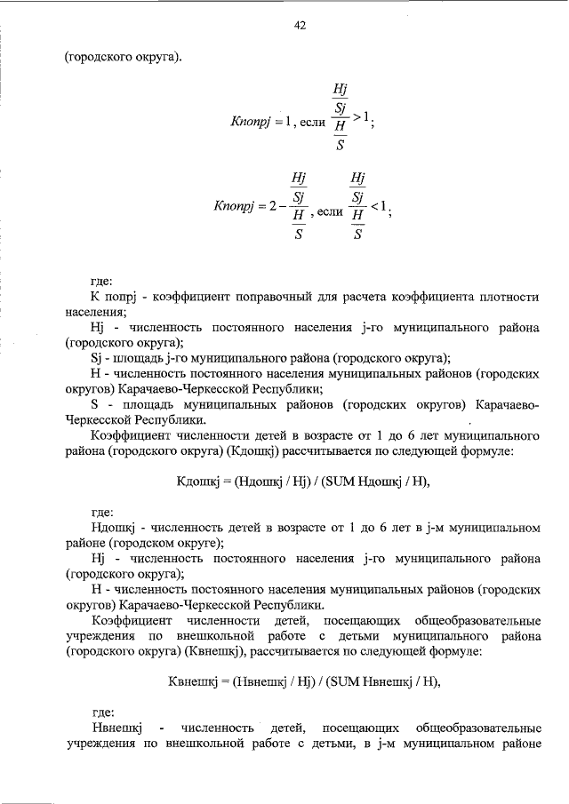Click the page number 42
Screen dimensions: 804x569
(x=300, y=26)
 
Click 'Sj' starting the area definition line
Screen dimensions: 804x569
(x=98, y=358)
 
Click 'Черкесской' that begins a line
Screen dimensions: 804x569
(x=98, y=419)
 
